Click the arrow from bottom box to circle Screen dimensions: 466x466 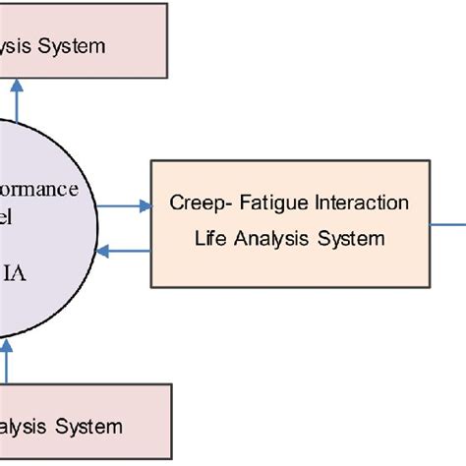point(7,366)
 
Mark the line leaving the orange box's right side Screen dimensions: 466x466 point(447,221)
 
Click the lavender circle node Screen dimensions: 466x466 point(39,236)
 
